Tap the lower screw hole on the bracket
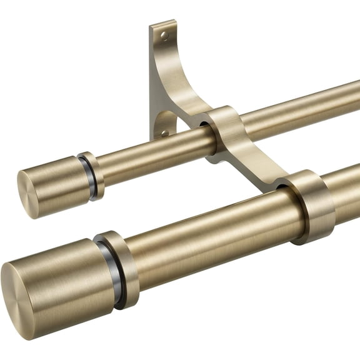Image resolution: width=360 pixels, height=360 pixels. [x=164, y=132]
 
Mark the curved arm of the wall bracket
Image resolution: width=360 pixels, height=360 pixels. [x=181, y=87]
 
